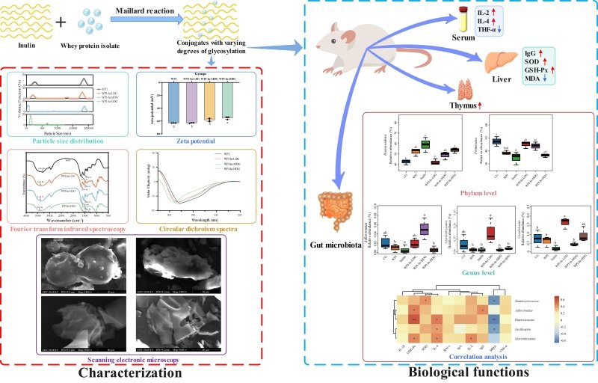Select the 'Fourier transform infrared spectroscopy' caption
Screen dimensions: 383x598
(x=67, y=222)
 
